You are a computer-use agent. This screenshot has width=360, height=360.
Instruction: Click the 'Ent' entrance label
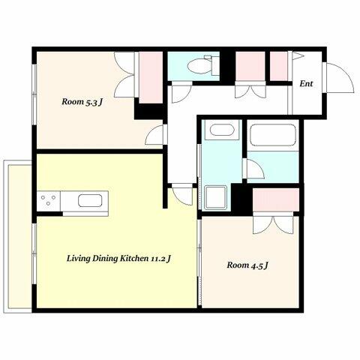click(306, 83)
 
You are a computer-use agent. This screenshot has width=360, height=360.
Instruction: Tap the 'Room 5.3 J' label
click(82, 102)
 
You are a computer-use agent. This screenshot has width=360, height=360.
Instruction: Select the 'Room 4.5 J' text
click(247, 265)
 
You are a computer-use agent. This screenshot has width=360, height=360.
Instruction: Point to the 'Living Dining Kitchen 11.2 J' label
click(118, 258)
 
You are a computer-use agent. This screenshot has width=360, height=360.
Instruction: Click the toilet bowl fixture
click(203, 65)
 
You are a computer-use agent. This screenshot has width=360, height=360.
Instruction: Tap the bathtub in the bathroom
click(273, 135)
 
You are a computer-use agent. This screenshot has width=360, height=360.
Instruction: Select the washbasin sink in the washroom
click(222, 130)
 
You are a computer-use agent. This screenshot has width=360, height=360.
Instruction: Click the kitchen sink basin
click(90, 201)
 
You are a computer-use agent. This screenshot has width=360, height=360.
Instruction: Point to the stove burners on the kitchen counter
click(49, 200)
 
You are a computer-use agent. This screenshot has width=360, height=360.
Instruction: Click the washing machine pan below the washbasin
click(216, 197)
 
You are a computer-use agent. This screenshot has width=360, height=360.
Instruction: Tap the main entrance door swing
click(338, 78)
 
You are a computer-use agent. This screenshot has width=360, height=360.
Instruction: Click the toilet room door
click(181, 92)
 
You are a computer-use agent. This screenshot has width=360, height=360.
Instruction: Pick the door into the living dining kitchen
click(182, 195)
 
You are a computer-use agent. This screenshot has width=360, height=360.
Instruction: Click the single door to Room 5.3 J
click(154, 135)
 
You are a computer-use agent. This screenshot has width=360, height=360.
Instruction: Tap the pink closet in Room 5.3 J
click(151, 77)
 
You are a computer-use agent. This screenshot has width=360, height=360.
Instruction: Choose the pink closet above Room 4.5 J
click(276, 200)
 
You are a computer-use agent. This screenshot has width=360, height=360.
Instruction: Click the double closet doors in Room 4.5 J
click(273, 223)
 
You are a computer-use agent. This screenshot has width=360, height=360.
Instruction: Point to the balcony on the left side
click(18, 236)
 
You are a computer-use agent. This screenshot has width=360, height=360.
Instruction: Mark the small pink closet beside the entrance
click(279, 66)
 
